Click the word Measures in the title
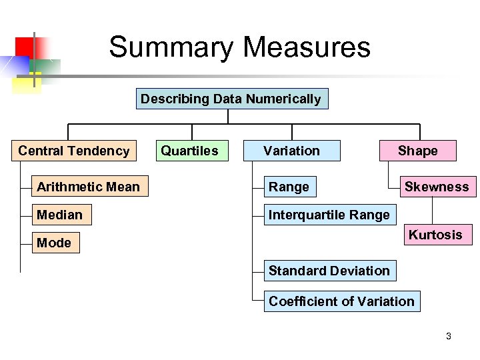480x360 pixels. [x=307, y=48]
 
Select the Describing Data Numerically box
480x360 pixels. [x=231, y=99]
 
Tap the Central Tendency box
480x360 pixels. [x=74, y=151]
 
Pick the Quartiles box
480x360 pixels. [x=190, y=151]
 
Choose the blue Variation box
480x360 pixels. [x=291, y=151]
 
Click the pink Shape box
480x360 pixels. [x=418, y=151]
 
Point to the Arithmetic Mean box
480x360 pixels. [x=89, y=187]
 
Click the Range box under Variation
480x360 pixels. [x=289, y=187]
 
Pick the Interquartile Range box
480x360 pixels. [x=329, y=215]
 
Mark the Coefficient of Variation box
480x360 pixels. [x=341, y=301]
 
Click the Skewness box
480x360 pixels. [x=437, y=187]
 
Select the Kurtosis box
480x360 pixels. [x=435, y=235]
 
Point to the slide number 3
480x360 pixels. [x=449, y=336]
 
